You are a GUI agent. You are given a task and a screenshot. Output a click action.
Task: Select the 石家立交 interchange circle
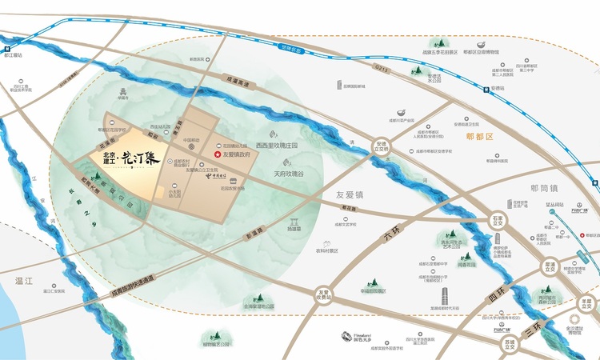tap(498, 218)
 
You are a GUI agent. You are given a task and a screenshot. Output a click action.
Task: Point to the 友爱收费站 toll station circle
tap(323, 296)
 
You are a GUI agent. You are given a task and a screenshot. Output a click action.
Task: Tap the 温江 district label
tap(16, 281)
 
